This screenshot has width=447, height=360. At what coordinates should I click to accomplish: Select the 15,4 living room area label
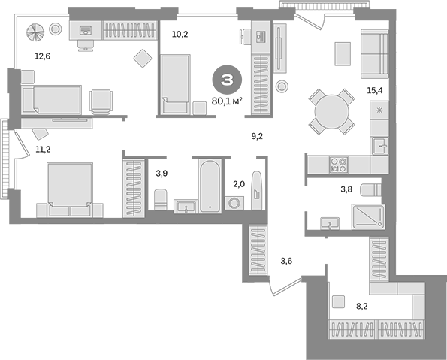pyautogui.click(x=375, y=90)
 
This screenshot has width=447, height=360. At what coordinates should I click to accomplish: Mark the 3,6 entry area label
pyautogui.click(x=286, y=262)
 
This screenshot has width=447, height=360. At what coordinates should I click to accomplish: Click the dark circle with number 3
pyautogui.click(x=226, y=77)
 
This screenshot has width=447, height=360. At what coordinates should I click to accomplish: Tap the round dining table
pyautogui.click(x=332, y=112)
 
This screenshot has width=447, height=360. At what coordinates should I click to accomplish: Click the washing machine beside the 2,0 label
pyautogui.click(x=234, y=203)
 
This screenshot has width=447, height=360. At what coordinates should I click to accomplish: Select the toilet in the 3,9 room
pyautogui.click(x=160, y=199)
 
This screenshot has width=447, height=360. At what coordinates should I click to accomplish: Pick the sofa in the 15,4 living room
pyautogui.click(x=373, y=51)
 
